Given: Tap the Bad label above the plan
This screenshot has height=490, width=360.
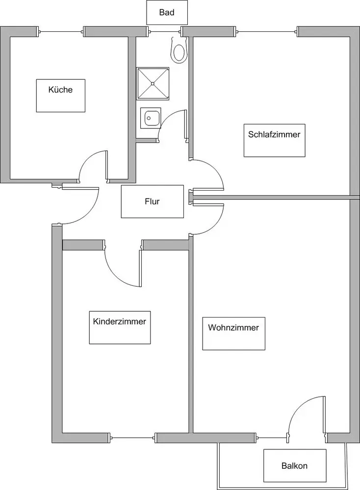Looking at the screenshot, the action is (x=167, y=13).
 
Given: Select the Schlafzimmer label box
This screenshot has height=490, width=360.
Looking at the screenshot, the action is (x=274, y=140).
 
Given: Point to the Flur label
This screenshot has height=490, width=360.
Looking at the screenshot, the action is (x=153, y=201).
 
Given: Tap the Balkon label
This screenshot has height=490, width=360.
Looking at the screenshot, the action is (x=295, y=465).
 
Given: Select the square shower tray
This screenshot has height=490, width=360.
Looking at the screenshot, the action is (x=153, y=84).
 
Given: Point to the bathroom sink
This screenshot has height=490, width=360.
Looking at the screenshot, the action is (x=150, y=118).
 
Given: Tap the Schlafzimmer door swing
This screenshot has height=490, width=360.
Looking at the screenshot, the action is (x=216, y=169).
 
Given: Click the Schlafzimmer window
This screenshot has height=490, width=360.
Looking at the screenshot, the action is (x=267, y=31).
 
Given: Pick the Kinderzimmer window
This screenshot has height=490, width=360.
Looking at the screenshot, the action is (x=132, y=438).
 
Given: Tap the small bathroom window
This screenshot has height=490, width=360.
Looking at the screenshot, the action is (x=164, y=31).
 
